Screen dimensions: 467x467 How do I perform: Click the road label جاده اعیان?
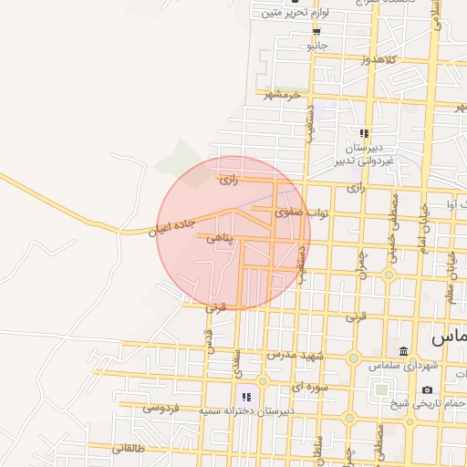pyautogui.click(x=171, y=226)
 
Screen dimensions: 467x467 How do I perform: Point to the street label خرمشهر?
pyautogui.click(x=283, y=94)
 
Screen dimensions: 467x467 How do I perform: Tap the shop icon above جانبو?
pyautogui.click(x=317, y=30)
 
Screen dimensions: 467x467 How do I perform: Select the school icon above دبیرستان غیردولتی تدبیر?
pyautogui.click(x=364, y=133)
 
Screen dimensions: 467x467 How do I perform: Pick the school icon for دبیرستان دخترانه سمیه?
pyautogui.click(x=245, y=398)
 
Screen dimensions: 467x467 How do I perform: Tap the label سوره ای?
pyautogui.click(x=307, y=387)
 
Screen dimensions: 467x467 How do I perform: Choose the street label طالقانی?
pyautogui.click(x=130, y=448)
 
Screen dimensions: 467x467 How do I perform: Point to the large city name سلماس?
pyautogui.click(x=447, y=337)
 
